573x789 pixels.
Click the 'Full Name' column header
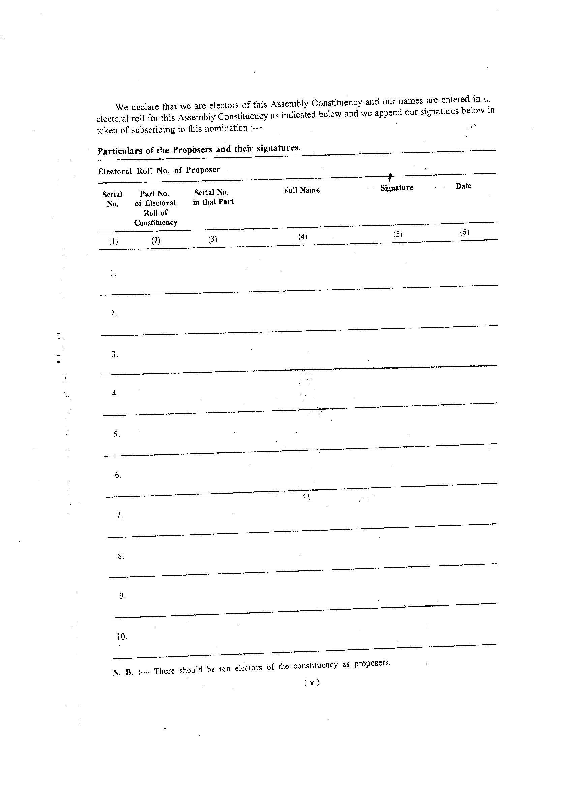click(301, 190)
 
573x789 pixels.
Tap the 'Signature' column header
click(396, 188)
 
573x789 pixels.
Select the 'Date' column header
click(463, 186)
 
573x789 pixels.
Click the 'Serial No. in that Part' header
click(213, 197)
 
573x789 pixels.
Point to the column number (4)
click(302, 237)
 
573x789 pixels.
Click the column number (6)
click(464, 233)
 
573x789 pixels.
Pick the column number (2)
click(156, 241)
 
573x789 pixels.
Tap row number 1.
click(112, 274)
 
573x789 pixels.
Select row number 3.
click(114, 355)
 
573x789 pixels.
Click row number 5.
click(117, 434)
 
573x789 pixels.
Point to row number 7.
click(119, 515)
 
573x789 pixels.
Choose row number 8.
click(121, 556)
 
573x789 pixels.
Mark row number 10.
click(122, 637)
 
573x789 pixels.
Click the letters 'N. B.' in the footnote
click(123, 673)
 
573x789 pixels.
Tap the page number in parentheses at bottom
click(311, 683)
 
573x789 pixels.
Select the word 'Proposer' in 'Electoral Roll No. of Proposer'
click(203, 170)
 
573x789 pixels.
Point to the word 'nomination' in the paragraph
click(225, 128)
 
